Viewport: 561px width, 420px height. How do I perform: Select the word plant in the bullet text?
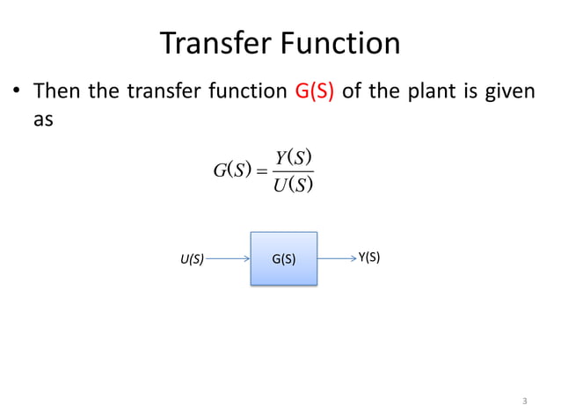point(444,91)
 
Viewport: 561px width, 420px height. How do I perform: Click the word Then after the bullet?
point(58,91)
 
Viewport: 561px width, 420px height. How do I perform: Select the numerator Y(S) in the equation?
point(295,158)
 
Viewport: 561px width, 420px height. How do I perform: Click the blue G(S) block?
point(283,259)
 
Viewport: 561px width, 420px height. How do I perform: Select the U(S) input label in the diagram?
point(192,259)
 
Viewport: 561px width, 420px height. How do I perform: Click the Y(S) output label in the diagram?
point(369,257)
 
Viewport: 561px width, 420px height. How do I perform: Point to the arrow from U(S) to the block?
point(229,259)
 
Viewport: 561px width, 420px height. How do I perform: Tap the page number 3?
point(524,402)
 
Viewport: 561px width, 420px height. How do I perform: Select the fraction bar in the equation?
point(295,171)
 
